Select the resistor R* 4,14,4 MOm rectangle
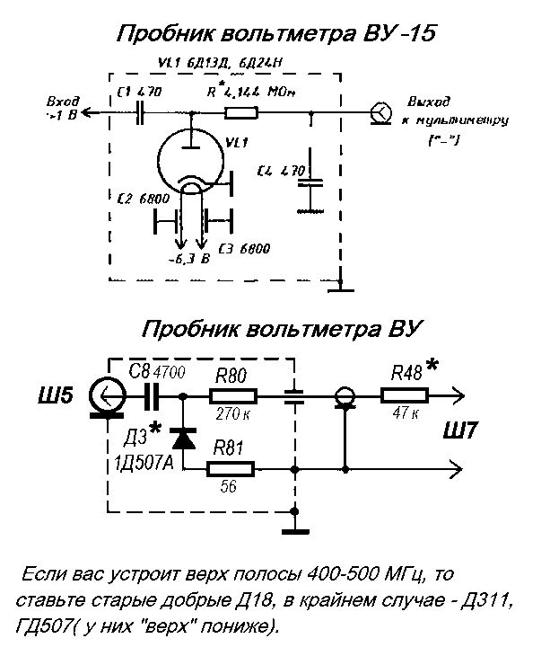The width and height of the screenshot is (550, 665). [241, 112]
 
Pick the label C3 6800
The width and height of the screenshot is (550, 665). [243, 247]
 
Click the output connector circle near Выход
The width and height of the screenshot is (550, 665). [380, 112]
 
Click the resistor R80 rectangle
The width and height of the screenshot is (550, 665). [233, 395]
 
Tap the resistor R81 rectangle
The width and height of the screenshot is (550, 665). [231, 468]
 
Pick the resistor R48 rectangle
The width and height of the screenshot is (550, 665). [406, 395]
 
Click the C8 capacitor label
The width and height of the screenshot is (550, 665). [138, 369]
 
